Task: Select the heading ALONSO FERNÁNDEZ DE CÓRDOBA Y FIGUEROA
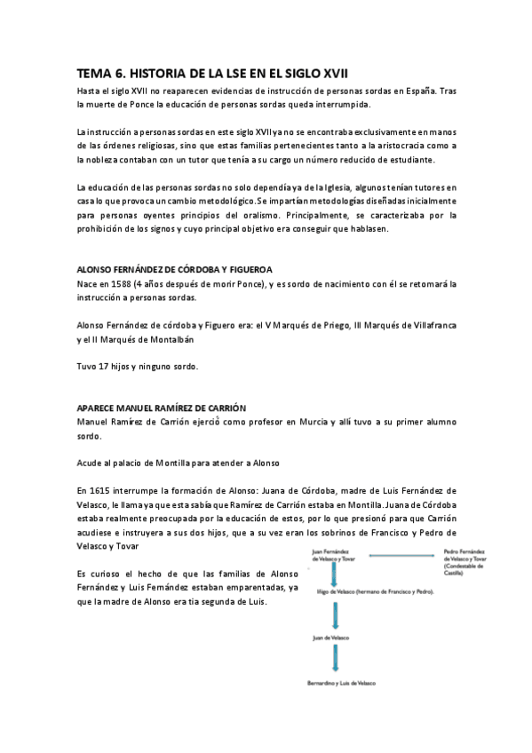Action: pyautogui.click(x=175, y=269)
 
